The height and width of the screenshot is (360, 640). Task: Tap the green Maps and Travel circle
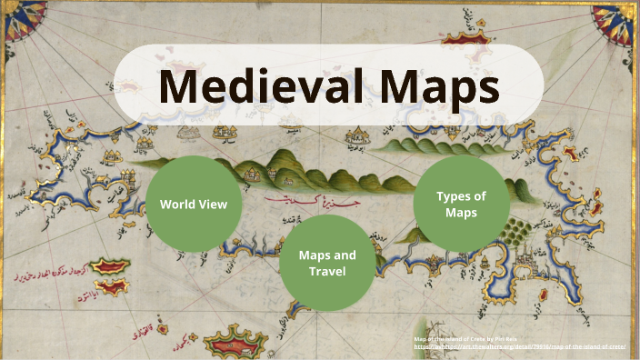click(327, 264)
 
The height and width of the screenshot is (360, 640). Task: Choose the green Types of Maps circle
click(460, 204)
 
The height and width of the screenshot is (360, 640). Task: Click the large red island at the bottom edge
click(231, 343)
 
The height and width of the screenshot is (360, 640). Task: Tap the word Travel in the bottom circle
click(327, 272)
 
